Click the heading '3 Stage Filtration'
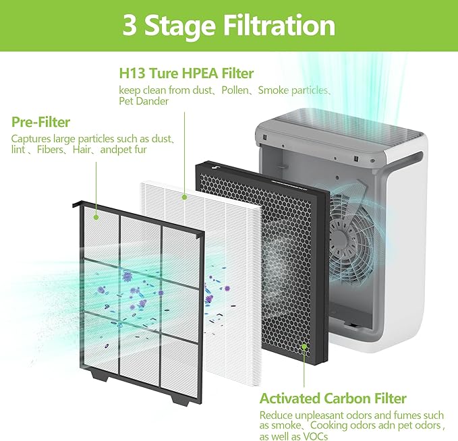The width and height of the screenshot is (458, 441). pos(229,26)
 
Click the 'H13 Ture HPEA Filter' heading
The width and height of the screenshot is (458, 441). pos(186,73)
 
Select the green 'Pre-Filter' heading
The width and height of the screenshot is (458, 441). pos(41,122)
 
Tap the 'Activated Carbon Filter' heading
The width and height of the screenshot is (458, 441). pos(333,399)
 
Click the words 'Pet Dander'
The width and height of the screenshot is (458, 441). pos(144,101)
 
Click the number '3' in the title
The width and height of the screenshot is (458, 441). pos(130,26)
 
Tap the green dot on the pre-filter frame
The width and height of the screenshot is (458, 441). pos(96,216)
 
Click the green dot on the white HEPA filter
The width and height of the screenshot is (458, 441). pos(184,197)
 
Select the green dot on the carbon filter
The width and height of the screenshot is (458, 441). pos(304,347)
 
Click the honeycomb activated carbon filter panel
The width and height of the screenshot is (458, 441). pos(270,256)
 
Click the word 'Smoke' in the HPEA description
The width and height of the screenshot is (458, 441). pos(274,90)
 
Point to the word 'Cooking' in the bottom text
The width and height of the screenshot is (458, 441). pos(324,426)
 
